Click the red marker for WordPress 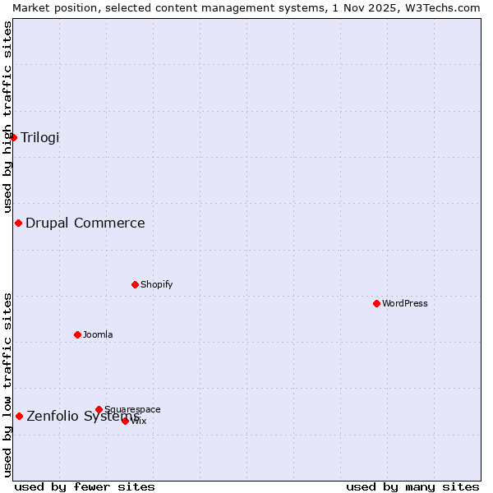376,303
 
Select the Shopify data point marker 135,284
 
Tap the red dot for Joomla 77,334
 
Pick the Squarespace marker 99,409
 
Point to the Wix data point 125,421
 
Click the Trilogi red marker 13,137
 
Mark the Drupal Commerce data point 18,223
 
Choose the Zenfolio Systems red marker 19,416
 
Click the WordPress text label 405,303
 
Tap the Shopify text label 156,284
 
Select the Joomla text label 98,334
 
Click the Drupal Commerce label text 85,223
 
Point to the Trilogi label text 40,137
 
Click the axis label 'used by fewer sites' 85,486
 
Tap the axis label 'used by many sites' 412,486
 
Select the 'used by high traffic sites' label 7,117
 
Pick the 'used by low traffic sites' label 7,384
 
